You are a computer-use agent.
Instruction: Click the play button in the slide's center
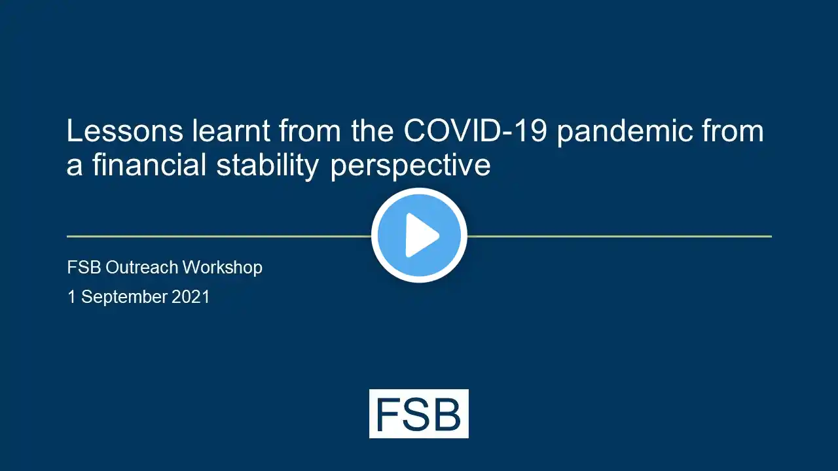[x=419, y=235]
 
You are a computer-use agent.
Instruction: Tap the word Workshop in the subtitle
[x=223, y=268]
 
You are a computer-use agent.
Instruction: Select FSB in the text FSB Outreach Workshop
[x=84, y=268]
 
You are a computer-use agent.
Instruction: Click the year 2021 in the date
[x=191, y=297]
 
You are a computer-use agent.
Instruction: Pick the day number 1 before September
[x=72, y=297]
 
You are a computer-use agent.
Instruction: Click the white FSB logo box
[x=418, y=413]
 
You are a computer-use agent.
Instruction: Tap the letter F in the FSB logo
[x=387, y=414]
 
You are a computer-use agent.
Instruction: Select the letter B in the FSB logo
[x=446, y=414]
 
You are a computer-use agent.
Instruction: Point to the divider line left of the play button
[x=219, y=236]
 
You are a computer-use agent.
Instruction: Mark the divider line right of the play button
[x=619, y=236]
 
